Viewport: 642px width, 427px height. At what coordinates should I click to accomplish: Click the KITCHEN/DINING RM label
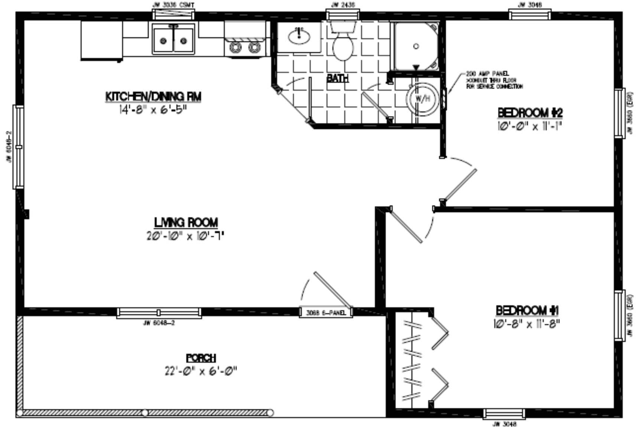[153, 97]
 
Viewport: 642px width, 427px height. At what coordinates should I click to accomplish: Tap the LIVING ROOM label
[186, 222]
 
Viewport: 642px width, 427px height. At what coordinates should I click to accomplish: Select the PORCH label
[201, 358]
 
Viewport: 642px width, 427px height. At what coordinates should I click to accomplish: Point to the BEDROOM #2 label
[530, 113]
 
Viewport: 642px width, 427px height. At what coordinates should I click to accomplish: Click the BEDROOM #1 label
[527, 310]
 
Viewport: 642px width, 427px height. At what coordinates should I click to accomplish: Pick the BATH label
[338, 78]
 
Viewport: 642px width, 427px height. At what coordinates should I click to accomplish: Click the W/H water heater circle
[423, 99]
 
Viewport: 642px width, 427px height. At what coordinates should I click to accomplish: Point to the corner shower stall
[416, 46]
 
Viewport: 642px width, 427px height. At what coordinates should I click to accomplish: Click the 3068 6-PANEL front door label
[326, 313]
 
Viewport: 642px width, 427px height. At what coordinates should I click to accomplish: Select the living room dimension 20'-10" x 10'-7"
[185, 236]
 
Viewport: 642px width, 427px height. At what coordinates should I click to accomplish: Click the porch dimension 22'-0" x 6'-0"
[201, 371]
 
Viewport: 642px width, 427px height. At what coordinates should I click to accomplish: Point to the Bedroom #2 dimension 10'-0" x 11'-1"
[529, 126]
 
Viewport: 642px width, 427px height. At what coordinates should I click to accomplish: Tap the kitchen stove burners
[245, 47]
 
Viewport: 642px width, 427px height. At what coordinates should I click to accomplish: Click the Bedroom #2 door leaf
[460, 186]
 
